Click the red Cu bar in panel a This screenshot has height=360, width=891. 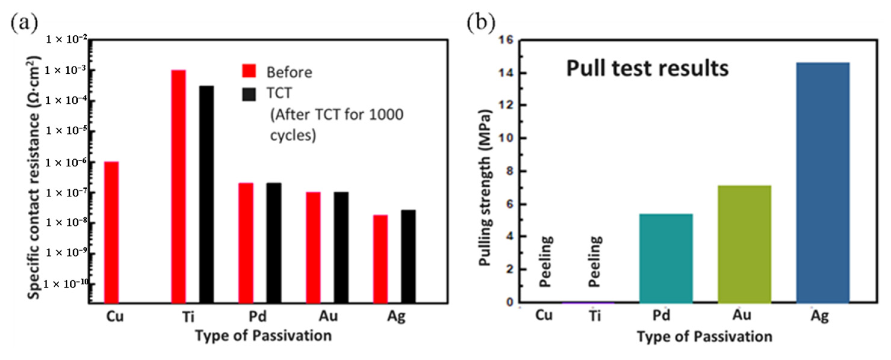111,232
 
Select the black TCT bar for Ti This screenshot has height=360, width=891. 206,194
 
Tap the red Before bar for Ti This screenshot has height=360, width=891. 178,186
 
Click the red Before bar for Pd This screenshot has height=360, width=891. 246,243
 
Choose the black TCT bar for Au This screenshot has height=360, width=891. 341,247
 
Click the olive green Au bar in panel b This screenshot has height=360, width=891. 744,244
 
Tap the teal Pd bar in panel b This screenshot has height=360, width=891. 666,258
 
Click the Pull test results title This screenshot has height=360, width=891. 647,69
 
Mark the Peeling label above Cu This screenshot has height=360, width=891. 546,261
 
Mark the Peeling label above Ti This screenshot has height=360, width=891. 595,261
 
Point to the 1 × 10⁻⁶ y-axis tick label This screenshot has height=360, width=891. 66,162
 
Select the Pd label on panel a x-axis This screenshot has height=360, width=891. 258,316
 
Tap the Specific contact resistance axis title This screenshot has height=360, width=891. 33,177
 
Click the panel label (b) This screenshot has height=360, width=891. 481,23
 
